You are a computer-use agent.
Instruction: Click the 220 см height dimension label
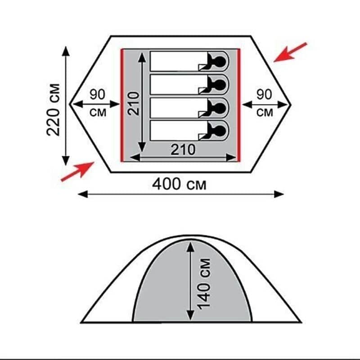point(54,109)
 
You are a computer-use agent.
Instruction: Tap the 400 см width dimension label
point(180,184)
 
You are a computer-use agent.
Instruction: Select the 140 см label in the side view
point(205,283)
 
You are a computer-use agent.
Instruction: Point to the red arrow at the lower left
point(77,171)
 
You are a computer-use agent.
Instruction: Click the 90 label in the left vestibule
point(98,95)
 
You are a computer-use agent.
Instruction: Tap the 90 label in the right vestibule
point(264,95)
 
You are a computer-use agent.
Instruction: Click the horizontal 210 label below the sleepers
point(183,149)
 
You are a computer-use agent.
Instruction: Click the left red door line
point(121,104)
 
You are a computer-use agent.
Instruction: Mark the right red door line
point(239,104)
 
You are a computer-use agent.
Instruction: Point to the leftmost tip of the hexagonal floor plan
point(70,104)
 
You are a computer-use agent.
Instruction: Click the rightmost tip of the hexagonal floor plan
point(290,104)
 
